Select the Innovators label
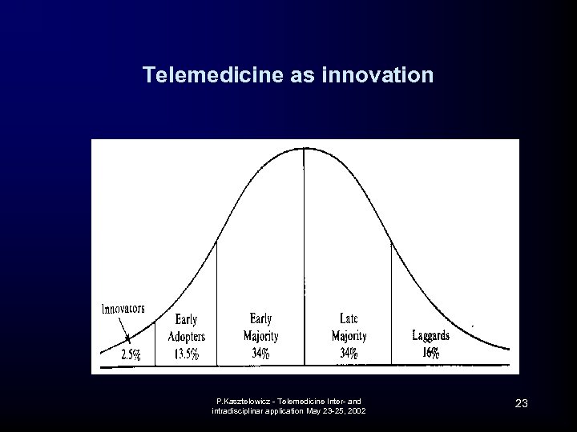tap(123, 309)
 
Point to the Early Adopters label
tap(186, 328)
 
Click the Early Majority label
tap(260, 326)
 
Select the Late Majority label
tap(349, 326)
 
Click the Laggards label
tap(430, 335)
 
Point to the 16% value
tap(430, 354)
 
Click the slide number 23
tap(521, 403)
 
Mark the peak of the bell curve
tap(304, 149)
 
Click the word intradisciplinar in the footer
tap(238, 411)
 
